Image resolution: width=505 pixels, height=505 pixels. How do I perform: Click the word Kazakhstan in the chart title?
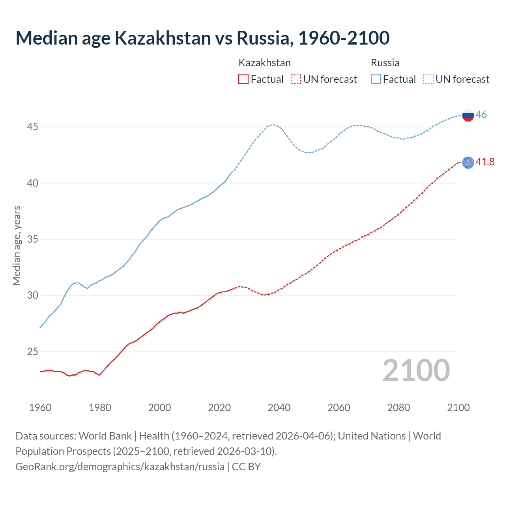click(163, 38)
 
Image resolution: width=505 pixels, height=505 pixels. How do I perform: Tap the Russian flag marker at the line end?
click(468, 115)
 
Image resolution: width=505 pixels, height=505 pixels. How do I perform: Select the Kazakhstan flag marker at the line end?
click(468, 163)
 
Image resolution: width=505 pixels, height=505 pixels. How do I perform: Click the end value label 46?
click(481, 115)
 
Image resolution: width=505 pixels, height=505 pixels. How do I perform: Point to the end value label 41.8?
click(485, 162)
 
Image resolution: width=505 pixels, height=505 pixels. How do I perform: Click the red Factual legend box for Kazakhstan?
click(243, 79)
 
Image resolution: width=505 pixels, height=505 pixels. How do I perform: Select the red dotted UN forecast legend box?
click(296, 79)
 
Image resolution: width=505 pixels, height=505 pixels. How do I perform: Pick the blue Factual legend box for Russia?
click(376, 79)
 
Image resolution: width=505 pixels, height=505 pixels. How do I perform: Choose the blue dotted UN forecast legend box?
click(428, 79)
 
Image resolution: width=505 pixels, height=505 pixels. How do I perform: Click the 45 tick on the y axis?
click(32, 127)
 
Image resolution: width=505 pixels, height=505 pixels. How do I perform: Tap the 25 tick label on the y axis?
click(32, 352)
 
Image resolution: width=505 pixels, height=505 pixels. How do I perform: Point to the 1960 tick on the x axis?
click(40, 408)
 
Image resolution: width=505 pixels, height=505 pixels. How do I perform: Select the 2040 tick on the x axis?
click(279, 408)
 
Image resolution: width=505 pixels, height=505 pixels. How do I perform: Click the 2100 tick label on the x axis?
click(458, 408)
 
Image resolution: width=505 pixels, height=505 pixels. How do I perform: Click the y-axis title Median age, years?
click(17, 245)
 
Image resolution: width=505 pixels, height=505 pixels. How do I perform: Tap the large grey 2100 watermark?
click(416, 370)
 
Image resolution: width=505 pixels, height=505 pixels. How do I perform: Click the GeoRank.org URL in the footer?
click(120, 467)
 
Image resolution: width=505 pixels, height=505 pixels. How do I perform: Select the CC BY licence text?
click(246, 467)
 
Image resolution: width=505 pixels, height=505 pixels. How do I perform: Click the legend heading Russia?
click(385, 63)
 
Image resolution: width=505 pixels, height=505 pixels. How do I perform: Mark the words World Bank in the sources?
click(105, 436)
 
